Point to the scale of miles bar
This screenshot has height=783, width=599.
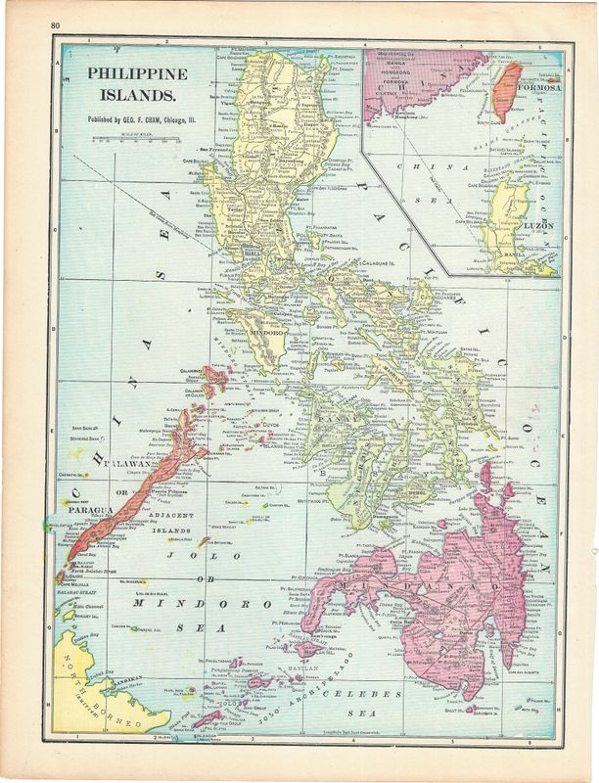pyautogui.click(x=125, y=139)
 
